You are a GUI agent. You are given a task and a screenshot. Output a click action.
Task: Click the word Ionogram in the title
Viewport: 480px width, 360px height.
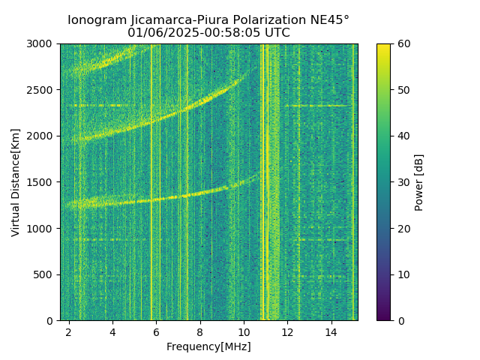coord(96,20)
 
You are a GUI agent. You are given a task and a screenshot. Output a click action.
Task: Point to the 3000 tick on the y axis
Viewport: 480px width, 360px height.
coord(42,43)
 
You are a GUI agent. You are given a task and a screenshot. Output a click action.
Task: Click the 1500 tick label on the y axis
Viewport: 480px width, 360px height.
coord(42,182)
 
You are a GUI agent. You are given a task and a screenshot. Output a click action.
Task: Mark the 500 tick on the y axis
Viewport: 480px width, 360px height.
coord(45,274)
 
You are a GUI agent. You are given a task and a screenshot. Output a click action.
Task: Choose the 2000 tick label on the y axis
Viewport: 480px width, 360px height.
coord(42,136)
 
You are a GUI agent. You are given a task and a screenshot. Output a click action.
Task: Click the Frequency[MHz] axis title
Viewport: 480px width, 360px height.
coord(208,346)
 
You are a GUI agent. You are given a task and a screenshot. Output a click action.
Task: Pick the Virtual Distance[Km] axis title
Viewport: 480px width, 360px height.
coord(16,182)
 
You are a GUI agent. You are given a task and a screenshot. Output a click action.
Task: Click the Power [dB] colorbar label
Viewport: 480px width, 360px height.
coord(419,182)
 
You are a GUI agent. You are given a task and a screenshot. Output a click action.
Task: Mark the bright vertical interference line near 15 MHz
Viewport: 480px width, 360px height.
coord(353,180)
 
